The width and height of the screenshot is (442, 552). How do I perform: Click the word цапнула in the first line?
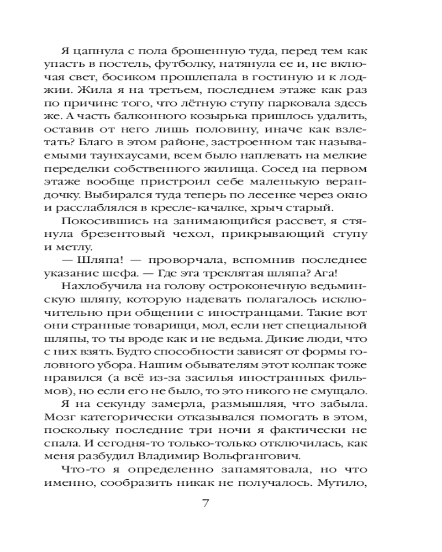pyautogui.click(x=98, y=54)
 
